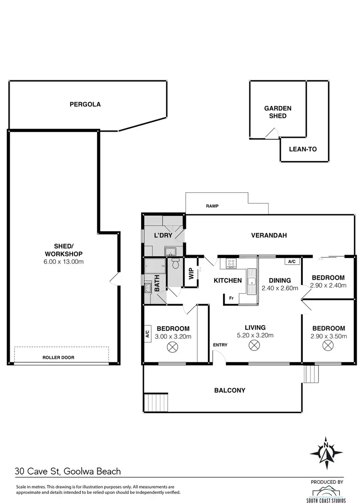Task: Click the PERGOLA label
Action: [85, 104]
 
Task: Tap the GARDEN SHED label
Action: [277, 112]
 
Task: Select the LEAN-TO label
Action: [302, 149]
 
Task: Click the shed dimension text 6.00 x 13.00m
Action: [63, 262]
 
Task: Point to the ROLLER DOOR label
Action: [59, 357]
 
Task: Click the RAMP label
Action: [212, 206]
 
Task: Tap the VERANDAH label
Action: [269, 235]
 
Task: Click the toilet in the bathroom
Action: [175, 264]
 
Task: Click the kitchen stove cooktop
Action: [230, 263]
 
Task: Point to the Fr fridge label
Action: [231, 298]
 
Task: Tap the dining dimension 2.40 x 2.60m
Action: [280, 289]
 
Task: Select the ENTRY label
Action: [220, 345]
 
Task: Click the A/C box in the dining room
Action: [291, 262]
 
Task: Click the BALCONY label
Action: [229, 391]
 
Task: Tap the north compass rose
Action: [326, 452]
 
